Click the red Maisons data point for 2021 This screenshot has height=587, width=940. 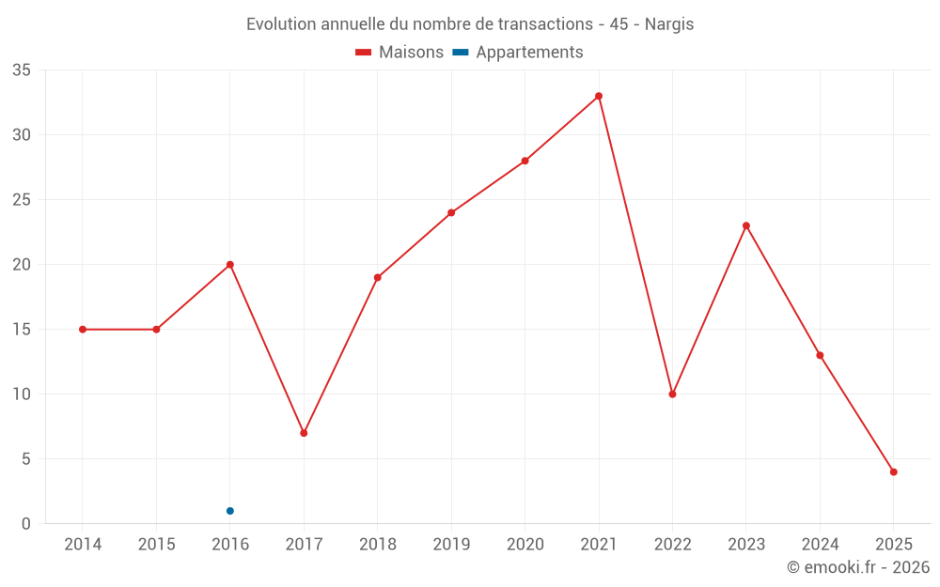point(599,96)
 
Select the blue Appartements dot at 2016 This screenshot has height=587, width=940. point(230,511)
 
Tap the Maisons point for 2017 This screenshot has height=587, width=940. point(304,433)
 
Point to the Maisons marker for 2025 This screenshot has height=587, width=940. point(894,472)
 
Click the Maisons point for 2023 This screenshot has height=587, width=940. point(746,225)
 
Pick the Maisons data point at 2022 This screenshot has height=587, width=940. point(672,394)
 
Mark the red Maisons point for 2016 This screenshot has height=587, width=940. point(230,265)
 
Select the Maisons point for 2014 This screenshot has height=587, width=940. point(83,330)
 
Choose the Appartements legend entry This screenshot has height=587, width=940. point(529,53)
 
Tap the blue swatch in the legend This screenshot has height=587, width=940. point(460,53)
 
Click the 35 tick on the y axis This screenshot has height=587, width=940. point(22,70)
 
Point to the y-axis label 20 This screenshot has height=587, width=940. point(22,265)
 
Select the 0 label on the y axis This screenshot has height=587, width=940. point(26,524)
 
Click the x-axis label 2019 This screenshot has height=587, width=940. point(451,545)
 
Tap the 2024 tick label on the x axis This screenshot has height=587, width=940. point(820,545)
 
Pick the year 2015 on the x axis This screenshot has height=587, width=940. point(156,545)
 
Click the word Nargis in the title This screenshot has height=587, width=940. point(669,24)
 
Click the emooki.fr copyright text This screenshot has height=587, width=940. point(858,567)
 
